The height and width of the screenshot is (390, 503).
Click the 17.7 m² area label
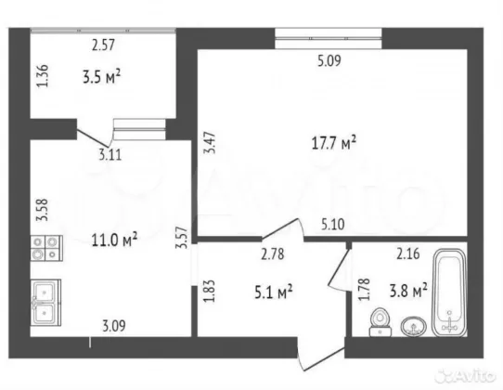[334, 142]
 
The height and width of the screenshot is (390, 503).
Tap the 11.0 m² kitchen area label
[114, 240]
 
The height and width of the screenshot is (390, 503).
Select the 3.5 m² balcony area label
[102, 77]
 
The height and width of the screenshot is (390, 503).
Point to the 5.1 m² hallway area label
[274, 292]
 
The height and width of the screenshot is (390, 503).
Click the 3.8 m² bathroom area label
[408, 291]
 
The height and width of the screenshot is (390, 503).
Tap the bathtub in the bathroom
[449, 292]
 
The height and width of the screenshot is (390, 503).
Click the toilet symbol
[380, 322]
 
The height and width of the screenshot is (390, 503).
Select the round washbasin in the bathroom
[414, 327]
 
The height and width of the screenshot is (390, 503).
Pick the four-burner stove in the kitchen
[46, 248]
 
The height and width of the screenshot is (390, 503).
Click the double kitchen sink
[45, 303]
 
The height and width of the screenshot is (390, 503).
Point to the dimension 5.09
[329, 60]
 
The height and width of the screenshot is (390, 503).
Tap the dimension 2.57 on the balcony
[103, 45]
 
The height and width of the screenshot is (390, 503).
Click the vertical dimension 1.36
[43, 76]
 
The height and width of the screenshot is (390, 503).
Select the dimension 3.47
[210, 143]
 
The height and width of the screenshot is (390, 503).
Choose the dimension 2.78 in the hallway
[272, 254]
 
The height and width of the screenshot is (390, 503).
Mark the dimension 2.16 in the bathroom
[408, 253]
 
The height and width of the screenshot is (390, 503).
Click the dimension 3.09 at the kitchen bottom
[114, 326]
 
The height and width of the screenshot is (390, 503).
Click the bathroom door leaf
[338, 266]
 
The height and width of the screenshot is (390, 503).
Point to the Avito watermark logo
[464, 375]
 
